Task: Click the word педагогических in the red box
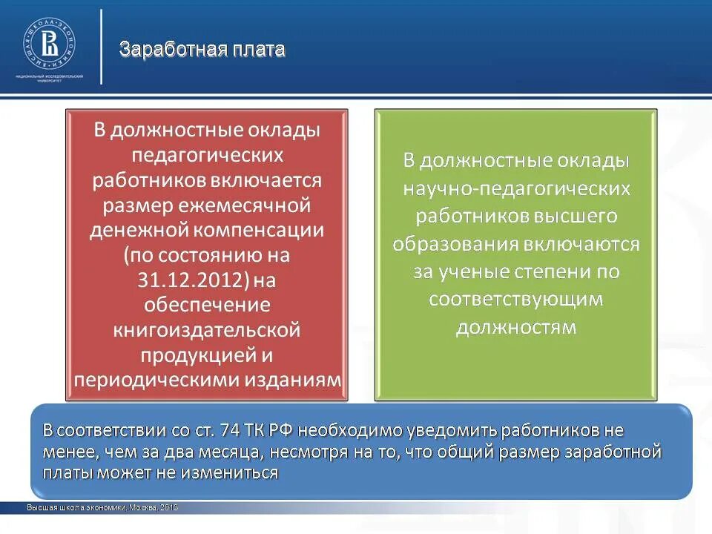coord(207,155)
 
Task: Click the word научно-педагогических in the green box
coord(516,188)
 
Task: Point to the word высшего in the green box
coord(585,216)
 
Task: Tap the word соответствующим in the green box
coord(516,300)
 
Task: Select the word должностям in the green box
coord(516,327)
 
